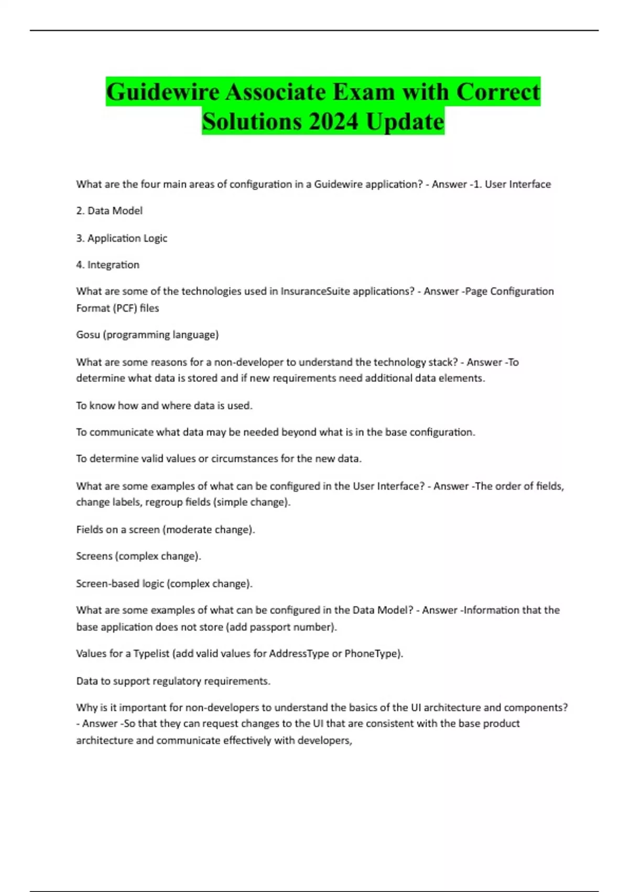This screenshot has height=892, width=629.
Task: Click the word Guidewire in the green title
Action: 163,92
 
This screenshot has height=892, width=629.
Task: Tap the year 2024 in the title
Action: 334,122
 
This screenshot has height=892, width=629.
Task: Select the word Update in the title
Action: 405,122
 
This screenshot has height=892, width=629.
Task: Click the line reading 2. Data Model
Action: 109,211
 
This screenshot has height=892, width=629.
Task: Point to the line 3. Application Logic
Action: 122,238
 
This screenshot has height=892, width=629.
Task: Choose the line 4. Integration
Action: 107,265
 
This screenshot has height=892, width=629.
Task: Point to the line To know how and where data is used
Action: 164,406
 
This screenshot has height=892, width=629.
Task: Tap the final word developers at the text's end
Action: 324,741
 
